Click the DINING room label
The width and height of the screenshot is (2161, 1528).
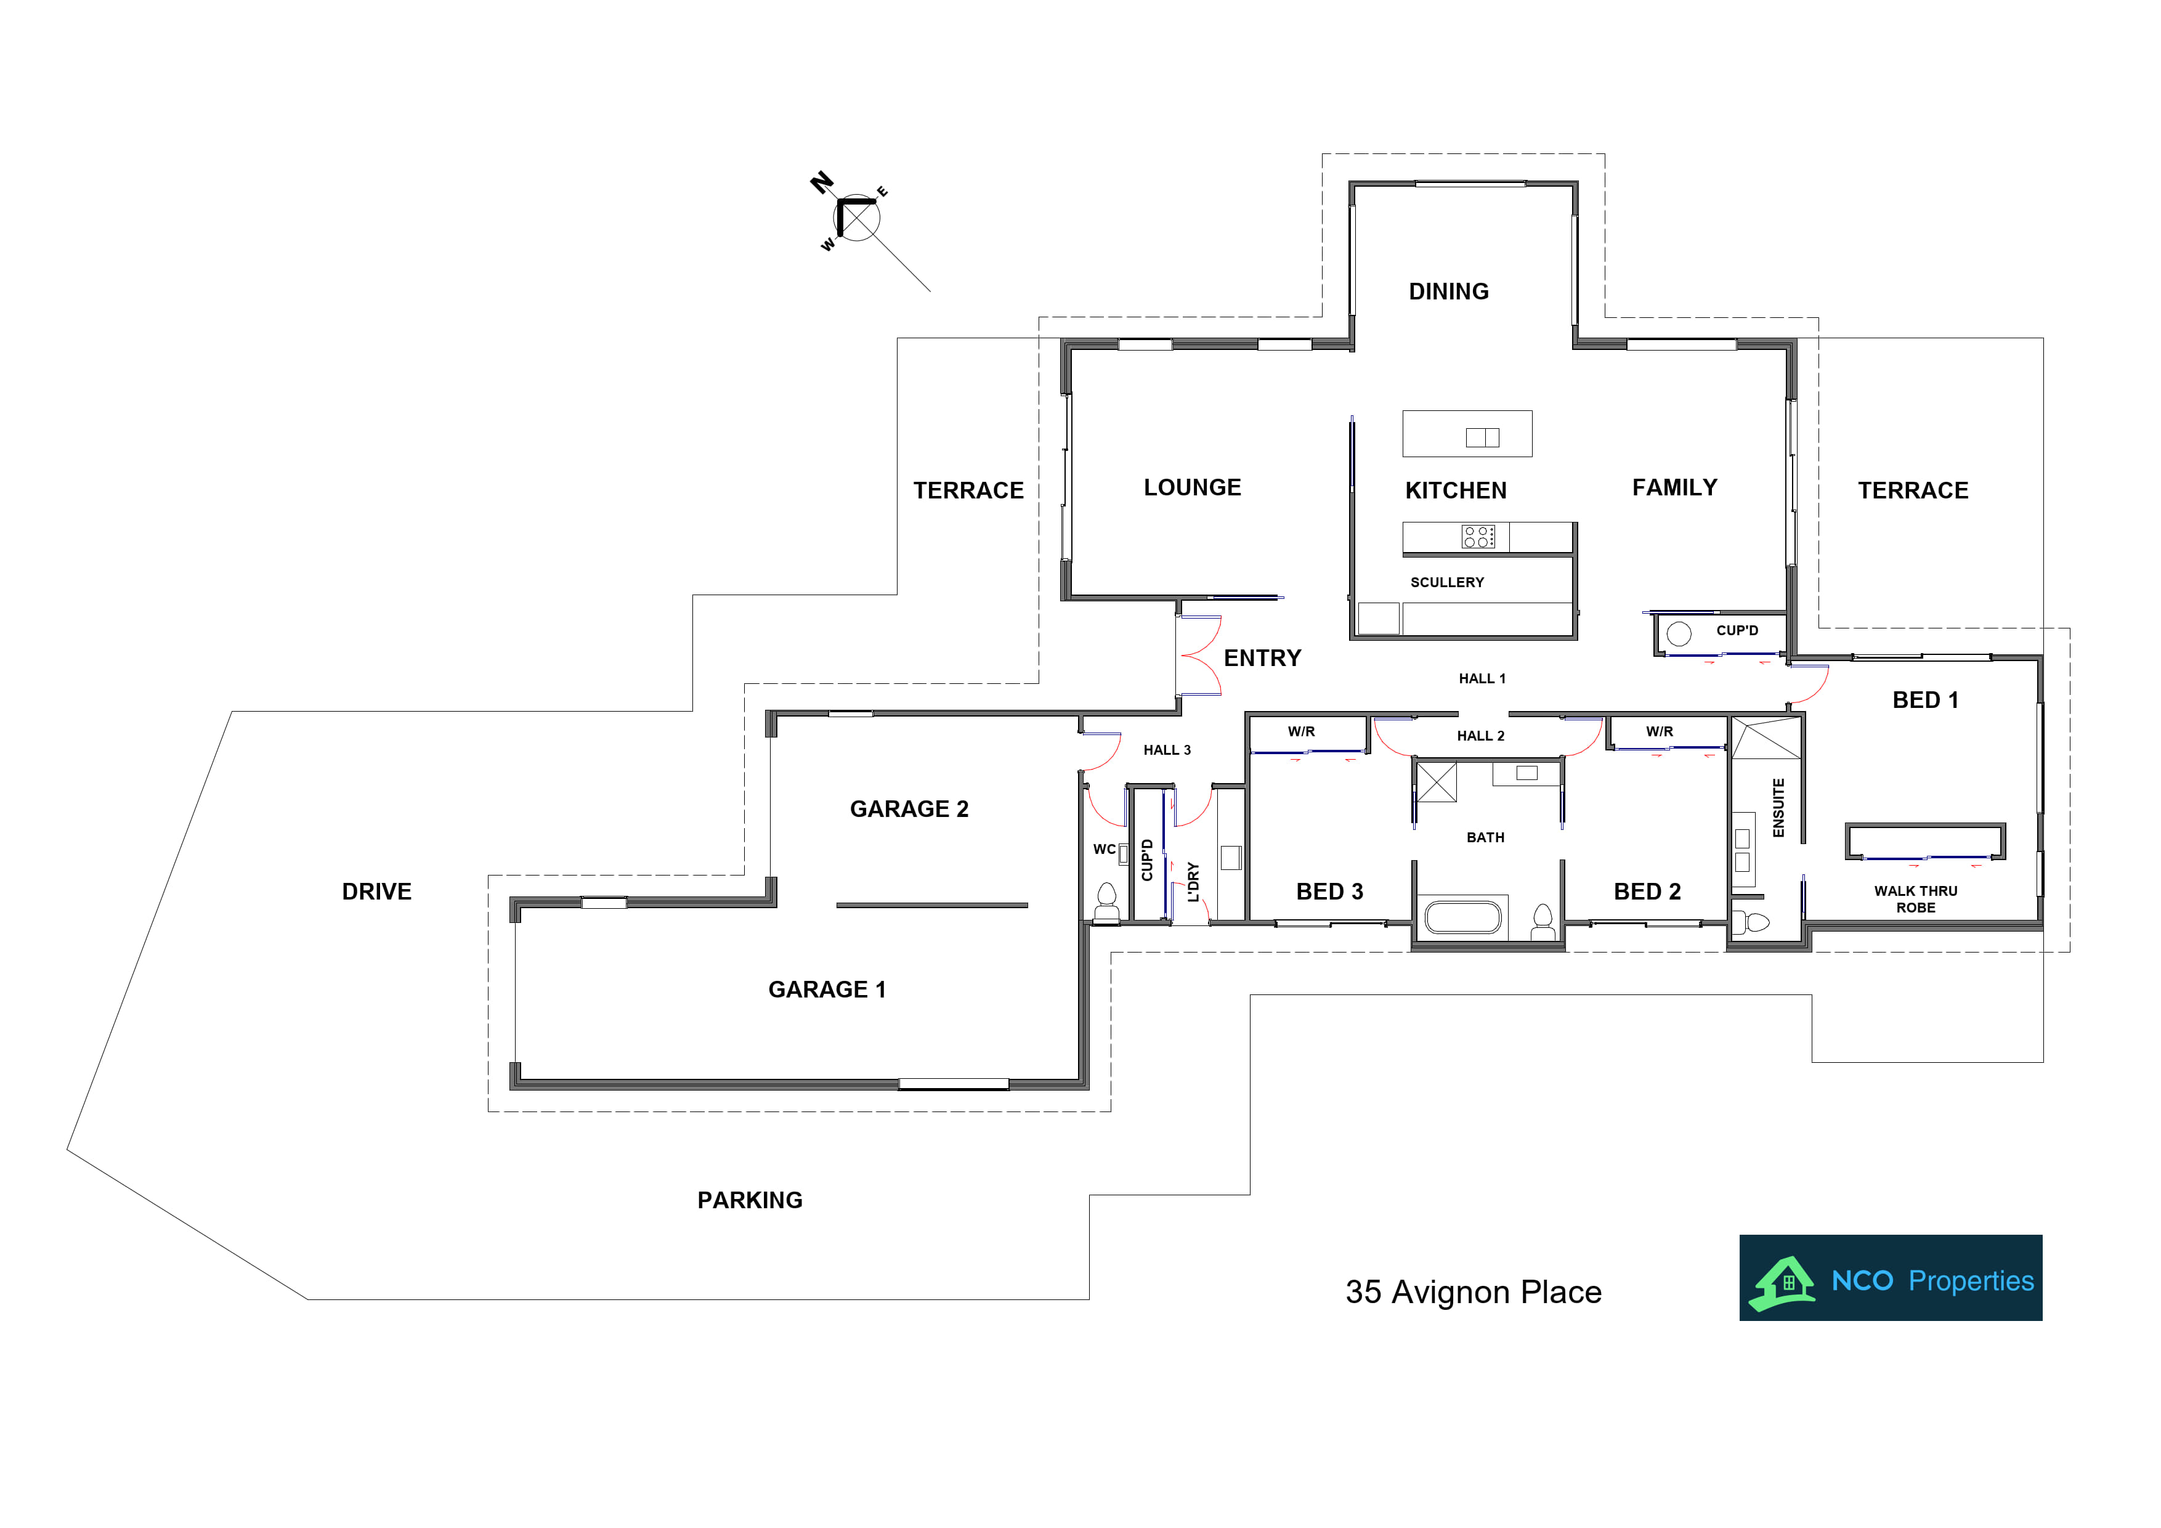(1448, 292)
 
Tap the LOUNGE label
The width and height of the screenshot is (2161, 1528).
(1193, 488)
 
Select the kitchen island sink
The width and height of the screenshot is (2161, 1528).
(1482, 437)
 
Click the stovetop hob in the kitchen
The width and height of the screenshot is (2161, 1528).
(1478, 537)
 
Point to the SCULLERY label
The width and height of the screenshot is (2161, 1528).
(1446, 583)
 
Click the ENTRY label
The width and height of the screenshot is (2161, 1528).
(1262, 658)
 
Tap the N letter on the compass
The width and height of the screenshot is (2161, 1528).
(822, 182)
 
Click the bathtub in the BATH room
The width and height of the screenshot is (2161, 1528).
(1462, 917)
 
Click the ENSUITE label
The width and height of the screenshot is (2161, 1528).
(1778, 808)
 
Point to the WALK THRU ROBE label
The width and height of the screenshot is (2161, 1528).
(1915, 899)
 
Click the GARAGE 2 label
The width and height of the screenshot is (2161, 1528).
(909, 809)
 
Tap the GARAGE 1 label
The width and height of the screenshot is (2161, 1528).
(827, 990)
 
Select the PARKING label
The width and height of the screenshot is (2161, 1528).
(750, 1200)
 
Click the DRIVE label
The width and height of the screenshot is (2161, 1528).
(376, 892)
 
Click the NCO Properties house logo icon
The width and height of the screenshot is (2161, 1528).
(1782, 1283)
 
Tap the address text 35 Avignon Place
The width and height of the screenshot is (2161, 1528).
(1473, 1293)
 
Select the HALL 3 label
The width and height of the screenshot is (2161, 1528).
(1167, 750)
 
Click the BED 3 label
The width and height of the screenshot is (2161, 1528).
(1330, 892)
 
